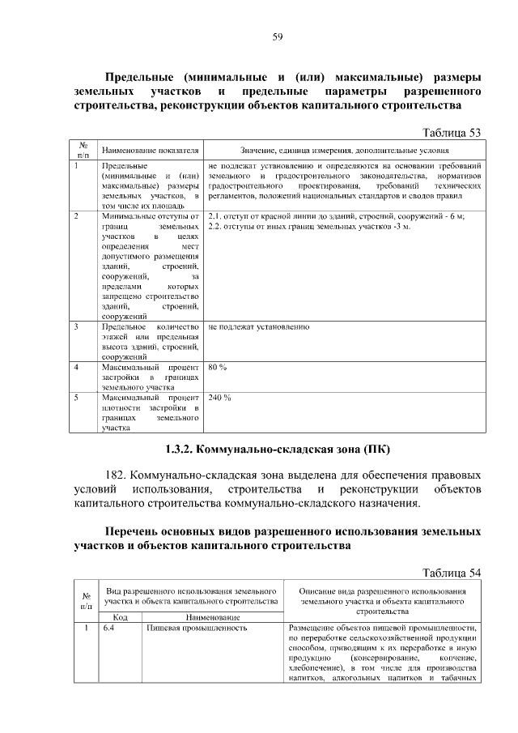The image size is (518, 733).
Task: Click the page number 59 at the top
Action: (x=276, y=37)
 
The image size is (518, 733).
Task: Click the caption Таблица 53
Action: (x=453, y=132)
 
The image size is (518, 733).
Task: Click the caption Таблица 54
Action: (x=453, y=573)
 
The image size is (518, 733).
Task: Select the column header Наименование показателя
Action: (x=150, y=151)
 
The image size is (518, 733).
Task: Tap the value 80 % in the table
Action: (x=217, y=367)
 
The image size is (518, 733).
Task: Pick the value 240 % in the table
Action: (x=219, y=398)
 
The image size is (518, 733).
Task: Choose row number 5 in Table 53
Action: (x=75, y=398)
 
